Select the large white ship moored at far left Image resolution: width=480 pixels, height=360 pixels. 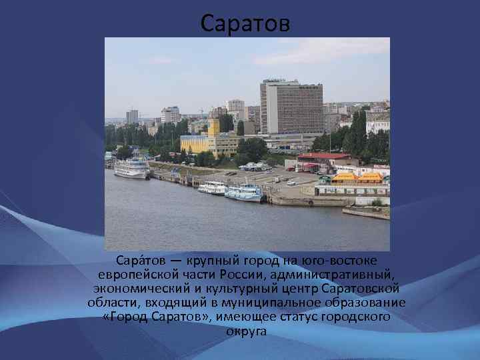(x=131, y=169)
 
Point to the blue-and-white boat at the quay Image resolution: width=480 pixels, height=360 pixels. (x=245, y=193)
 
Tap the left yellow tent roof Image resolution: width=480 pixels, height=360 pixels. (x=345, y=177)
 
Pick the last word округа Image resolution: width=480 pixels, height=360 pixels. (x=246, y=331)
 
